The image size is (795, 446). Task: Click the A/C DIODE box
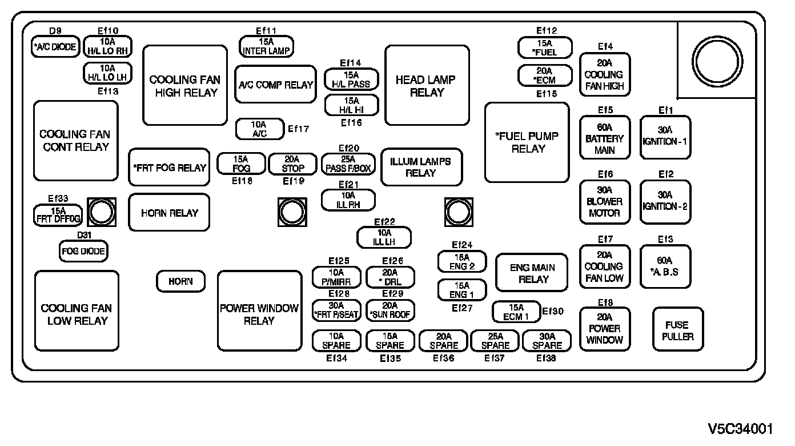[x=55, y=47]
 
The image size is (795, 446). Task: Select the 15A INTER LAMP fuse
[x=266, y=46]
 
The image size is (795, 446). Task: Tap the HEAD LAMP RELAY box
[x=427, y=86]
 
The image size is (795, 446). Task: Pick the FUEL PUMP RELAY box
[x=527, y=142]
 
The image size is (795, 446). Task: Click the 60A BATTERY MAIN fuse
[x=605, y=138]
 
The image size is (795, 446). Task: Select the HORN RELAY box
[x=169, y=213]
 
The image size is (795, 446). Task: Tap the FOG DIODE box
[x=83, y=250]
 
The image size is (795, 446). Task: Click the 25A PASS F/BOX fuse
[x=348, y=164]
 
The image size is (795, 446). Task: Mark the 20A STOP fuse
[x=292, y=164]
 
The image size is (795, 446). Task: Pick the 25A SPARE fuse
[x=495, y=341]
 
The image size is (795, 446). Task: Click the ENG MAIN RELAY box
[x=532, y=273]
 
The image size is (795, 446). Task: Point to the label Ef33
[x=58, y=198]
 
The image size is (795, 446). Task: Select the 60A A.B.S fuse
[x=665, y=266]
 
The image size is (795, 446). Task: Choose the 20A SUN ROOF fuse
[x=390, y=310]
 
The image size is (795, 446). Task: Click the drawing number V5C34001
[x=740, y=428]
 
